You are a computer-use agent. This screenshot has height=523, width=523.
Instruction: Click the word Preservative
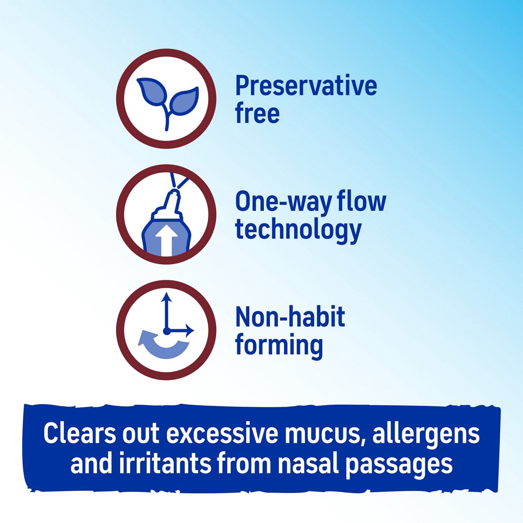tap(306, 86)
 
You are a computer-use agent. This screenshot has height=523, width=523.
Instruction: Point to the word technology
tap(298, 230)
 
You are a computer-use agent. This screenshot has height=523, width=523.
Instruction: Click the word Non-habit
tap(290, 317)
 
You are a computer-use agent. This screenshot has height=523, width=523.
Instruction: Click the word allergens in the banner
tap(426, 434)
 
